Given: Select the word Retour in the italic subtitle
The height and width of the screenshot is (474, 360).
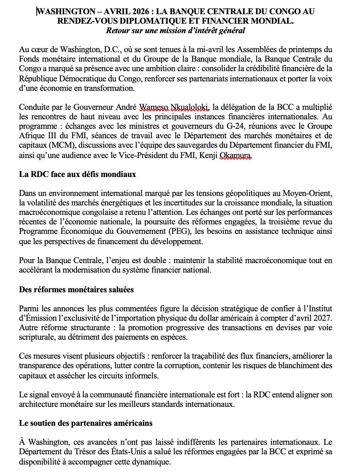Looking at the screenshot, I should click(x=117, y=31).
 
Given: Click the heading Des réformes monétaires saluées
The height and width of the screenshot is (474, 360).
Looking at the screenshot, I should click(x=76, y=290).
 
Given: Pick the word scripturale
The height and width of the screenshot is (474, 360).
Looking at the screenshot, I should click(x=37, y=337).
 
